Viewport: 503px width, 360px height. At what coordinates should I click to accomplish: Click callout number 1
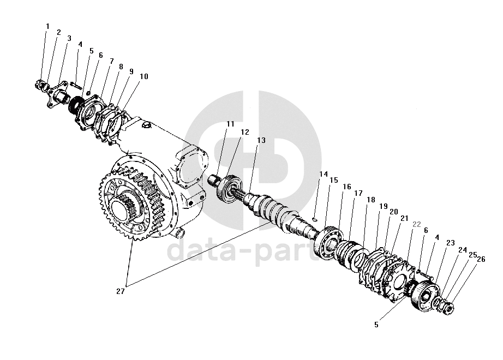(x=47, y=26)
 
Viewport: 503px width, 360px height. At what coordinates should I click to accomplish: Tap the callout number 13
(x=261, y=140)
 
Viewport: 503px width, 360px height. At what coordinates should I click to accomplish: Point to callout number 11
(x=230, y=124)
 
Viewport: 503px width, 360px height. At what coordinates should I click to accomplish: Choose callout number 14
(x=324, y=175)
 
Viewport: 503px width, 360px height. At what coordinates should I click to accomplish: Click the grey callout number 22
(x=416, y=224)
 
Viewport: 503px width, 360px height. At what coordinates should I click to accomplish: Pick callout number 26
(x=481, y=259)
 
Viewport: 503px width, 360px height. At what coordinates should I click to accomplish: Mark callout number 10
(x=143, y=77)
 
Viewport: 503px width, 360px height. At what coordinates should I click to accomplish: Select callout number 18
(x=371, y=200)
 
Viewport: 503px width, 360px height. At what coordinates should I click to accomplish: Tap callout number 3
(x=69, y=39)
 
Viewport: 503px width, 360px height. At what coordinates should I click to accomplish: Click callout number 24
(x=463, y=250)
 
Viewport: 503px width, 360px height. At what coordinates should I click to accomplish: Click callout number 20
(x=393, y=212)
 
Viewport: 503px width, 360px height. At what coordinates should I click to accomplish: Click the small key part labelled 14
(x=315, y=219)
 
